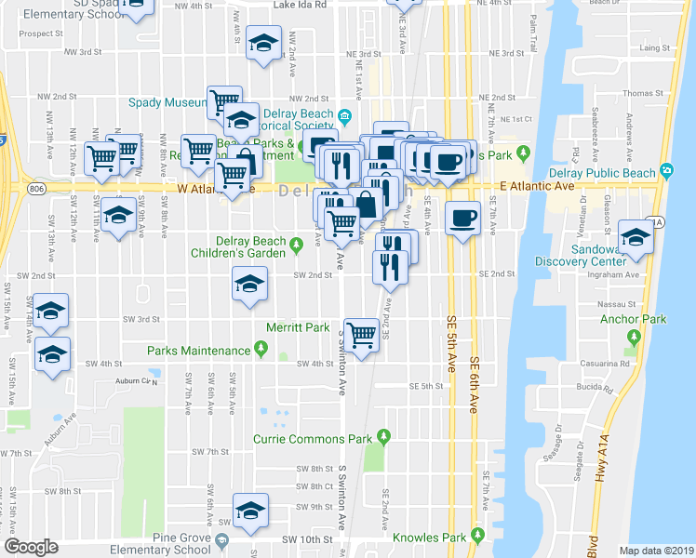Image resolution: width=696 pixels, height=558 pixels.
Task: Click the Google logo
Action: (31, 547)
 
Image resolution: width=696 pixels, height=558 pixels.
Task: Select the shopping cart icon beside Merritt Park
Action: (362, 333)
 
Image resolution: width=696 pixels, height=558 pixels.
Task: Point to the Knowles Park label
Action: (428, 537)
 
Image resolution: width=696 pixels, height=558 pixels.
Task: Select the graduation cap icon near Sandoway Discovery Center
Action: (635, 236)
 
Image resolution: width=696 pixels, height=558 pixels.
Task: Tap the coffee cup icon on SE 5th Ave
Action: (462, 219)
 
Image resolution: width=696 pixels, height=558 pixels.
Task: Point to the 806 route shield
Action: (35, 187)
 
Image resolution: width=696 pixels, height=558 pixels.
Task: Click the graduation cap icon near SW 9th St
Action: (249, 511)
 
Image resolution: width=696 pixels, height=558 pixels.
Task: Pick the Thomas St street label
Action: (642, 94)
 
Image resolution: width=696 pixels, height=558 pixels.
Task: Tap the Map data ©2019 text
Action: (657, 551)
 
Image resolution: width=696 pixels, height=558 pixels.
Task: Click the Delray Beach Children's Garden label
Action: (238, 247)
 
